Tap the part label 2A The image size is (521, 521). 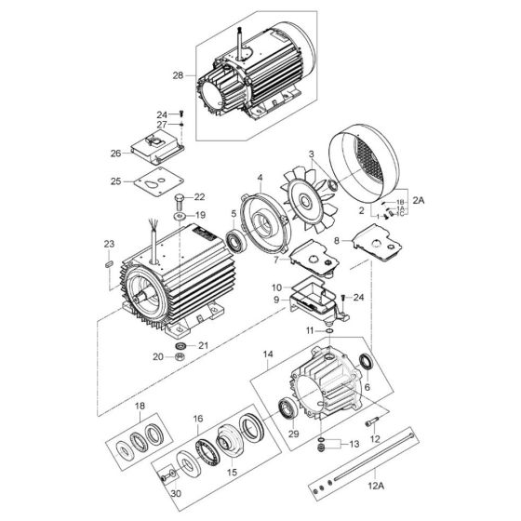419,200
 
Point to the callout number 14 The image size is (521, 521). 268,354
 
